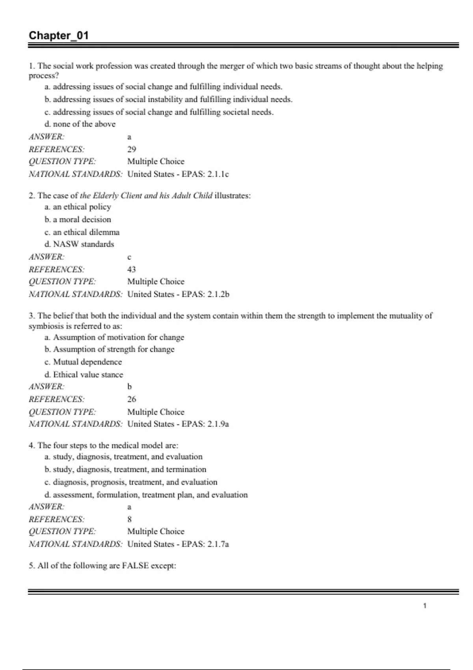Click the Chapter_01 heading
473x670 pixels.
[x=58, y=35]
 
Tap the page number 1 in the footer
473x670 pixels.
[x=425, y=606]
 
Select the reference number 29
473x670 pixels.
[x=132, y=149]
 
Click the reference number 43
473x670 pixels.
[x=132, y=270]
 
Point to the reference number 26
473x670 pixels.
[x=132, y=399]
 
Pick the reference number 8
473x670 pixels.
[x=129, y=519]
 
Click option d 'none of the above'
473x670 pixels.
[x=80, y=124]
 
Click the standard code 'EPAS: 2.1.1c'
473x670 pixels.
[x=205, y=174]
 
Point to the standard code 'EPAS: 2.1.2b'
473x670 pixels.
[x=205, y=294]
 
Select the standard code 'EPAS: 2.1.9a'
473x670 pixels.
[x=205, y=424]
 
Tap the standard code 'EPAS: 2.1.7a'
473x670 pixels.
[x=205, y=544]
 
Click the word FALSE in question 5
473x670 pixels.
[x=135, y=566]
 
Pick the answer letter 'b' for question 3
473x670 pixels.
[x=129, y=387]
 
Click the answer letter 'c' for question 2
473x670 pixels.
[x=129, y=257]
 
